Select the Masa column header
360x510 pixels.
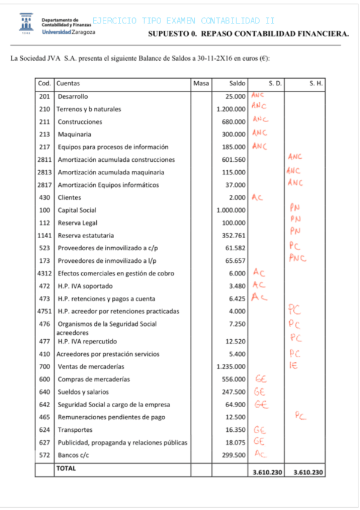[x=201, y=84]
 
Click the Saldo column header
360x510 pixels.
[x=237, y=84]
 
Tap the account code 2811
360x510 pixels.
[x=44, y=159]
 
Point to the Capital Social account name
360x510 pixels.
[x=77, y=210]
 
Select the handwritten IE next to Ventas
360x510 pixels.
[x=293, y=365]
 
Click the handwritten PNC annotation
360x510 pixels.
[x=296, y=259]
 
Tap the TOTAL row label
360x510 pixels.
[x=66, y=468]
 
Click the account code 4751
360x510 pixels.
[x=44, y=311]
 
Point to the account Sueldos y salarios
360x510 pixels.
[x=84, y=392]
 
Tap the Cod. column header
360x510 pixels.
[x=44, y=84]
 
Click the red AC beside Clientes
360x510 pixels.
[x=257, y=197]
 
